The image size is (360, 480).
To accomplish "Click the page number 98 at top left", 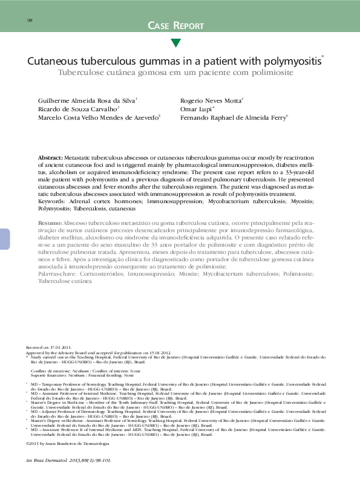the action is (x=30, y=21).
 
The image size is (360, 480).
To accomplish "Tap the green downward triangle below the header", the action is (x=175, y=42).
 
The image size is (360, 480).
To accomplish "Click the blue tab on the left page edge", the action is (x=4, y=230).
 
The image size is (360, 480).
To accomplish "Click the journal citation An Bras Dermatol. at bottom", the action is (x=50, y=461).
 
